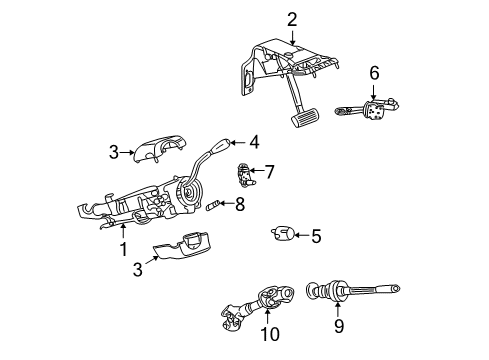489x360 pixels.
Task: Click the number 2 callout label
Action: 292,18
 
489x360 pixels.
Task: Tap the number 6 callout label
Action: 374,72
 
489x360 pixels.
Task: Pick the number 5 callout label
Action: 315,237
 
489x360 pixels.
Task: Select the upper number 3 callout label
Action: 114,152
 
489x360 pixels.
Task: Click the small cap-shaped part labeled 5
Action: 281,235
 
